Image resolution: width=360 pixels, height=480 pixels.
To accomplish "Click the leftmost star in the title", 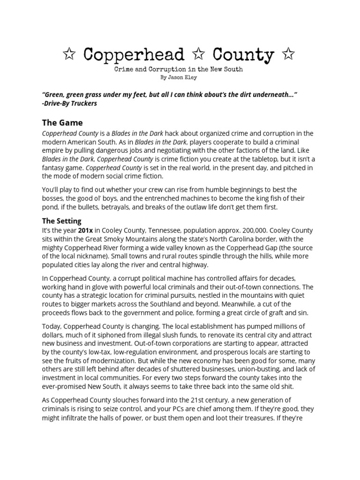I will pyautogui.click(x=70, y=55).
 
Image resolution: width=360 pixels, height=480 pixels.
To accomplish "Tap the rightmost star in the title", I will pyautogui.click(x=289, y=55).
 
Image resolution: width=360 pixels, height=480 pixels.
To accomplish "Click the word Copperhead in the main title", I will pyautogui.click(x=134, y=55).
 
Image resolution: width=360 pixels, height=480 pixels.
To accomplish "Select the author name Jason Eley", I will pyautogui.click(x=183, y=77).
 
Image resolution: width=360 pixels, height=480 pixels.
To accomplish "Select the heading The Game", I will pyautogui.click(x=62, y=123).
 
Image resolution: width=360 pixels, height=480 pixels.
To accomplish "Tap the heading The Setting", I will pyautogui.click(x=61, y=220).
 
